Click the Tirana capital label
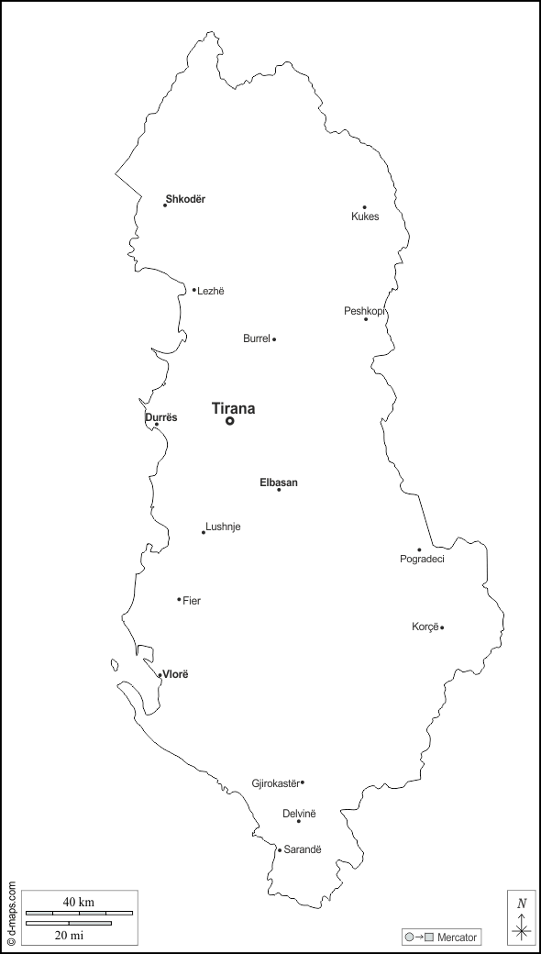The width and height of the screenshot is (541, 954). point(233,408)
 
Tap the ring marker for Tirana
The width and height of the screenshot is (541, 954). point(229,421)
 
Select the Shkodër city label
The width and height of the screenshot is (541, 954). point(185,199)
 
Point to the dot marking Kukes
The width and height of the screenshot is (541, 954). point(364,207)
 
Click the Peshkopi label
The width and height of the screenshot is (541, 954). point(364,311)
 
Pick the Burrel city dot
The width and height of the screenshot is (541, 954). point(274,339)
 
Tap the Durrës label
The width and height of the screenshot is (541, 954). point(161,417)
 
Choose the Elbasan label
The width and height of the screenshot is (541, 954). point(279,483)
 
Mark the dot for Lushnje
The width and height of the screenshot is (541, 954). point(204,532)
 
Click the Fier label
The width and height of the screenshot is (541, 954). point(192,601)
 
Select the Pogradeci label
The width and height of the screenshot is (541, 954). point(422,559)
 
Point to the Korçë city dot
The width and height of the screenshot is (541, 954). point(442,627)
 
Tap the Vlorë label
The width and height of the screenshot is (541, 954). point(175,674)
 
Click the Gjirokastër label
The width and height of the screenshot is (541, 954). point(275,783)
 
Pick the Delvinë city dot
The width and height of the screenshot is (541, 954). point(298,821)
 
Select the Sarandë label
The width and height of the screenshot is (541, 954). point(303,849)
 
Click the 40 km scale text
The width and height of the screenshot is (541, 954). point(79,902)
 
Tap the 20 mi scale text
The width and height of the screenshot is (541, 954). point(69,935)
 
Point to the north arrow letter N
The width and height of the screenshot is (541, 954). point(521,903)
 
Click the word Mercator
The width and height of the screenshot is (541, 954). point(457,937)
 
